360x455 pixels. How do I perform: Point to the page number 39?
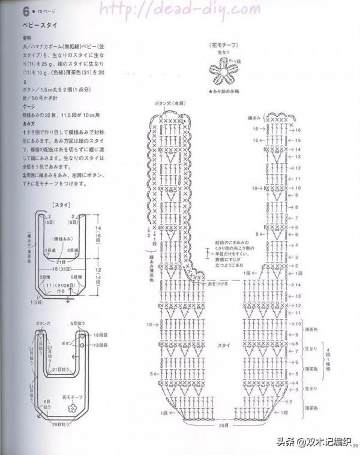(x=355, y=445)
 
